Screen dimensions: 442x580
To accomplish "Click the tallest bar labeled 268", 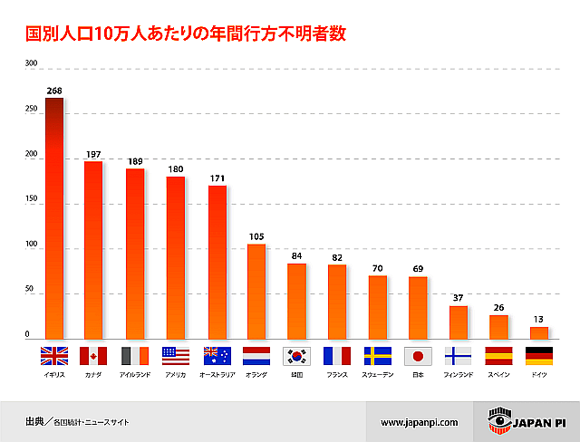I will tap(54, 217).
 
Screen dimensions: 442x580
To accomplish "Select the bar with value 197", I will tap(93, 249).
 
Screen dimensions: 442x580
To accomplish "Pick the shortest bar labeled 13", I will tap(539, 332).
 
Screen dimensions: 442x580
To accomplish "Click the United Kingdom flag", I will tap(54, 356).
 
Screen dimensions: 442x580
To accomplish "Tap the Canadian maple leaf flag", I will tap(94, 356).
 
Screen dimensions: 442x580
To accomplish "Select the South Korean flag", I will tap(297, 356).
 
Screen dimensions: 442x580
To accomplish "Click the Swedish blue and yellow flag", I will tap(378, 356).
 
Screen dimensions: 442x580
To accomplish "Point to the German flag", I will tap(539, 356).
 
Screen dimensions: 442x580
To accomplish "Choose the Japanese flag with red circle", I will tap(418, 356).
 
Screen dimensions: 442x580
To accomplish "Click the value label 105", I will tap(256, 237).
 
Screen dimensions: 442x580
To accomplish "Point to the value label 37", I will tap(459, 299).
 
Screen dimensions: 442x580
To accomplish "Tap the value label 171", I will tap(217, 178).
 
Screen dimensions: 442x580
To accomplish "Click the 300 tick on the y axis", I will tap(32, 64).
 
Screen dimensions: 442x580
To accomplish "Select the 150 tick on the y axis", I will tap(32, 201).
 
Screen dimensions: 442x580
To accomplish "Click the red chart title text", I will tap(185, 34).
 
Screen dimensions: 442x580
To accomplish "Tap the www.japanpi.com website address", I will tap(420, 422).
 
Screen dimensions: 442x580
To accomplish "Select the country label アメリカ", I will tap(175, 374).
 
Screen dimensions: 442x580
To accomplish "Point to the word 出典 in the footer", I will tap(35, 422).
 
